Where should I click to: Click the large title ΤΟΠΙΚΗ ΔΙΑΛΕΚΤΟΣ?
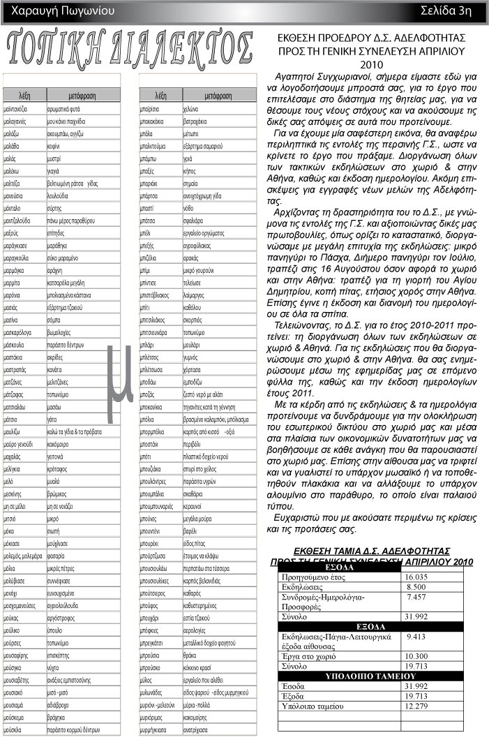tap(130, 48)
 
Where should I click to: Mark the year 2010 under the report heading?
tap(371, 64)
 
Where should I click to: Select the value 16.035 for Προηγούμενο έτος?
tap(416, 577)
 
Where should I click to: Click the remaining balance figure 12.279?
tap(416, 707)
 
